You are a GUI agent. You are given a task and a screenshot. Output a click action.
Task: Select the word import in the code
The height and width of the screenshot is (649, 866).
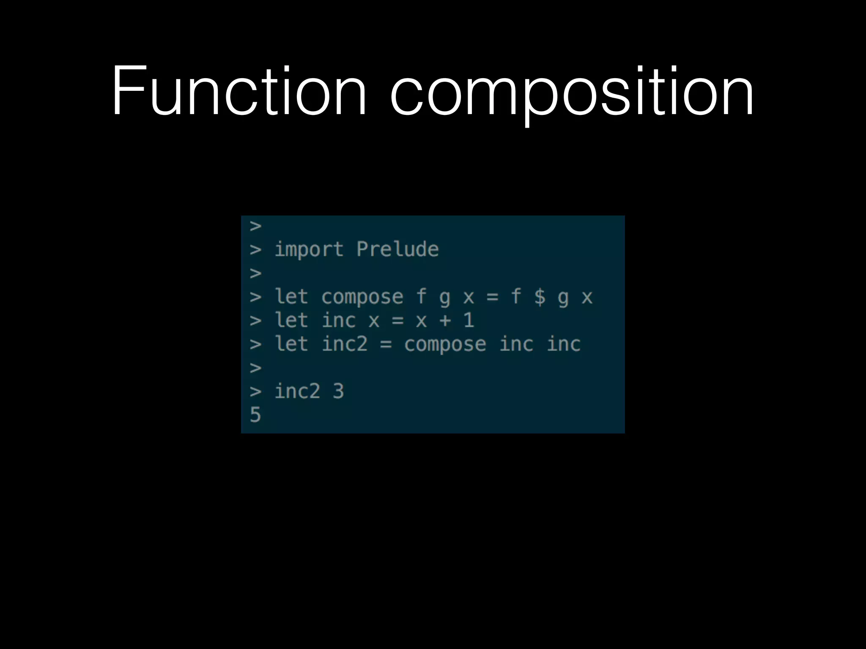pos(309,250)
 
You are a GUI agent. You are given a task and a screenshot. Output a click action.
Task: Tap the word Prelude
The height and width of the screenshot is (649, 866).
pos(397,249)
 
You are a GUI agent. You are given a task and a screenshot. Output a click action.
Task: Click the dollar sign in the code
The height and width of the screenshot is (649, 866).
pos(540,297)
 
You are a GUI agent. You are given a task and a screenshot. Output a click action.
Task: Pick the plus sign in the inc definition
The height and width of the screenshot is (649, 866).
pos(445,320)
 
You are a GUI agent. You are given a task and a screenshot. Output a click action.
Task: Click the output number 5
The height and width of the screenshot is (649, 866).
pos(255,414)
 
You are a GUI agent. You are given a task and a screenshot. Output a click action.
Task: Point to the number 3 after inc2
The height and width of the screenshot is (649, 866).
pos(338,391)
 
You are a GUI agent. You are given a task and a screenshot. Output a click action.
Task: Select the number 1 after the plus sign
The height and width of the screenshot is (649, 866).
pos(469,320)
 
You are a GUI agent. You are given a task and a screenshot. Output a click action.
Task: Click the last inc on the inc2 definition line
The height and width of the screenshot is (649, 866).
pos(563,344)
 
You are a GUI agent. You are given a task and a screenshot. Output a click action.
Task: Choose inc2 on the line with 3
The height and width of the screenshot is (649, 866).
pos(297,391)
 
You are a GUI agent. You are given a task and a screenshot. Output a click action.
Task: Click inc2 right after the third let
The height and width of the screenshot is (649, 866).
pos(345,344)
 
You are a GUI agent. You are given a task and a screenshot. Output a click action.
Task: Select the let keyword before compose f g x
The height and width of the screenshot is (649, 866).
pos(291,297)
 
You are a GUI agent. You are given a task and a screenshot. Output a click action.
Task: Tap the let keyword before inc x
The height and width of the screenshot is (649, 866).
pos(291,320)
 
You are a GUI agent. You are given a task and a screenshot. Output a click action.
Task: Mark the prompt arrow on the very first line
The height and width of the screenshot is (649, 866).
pos(255,226)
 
